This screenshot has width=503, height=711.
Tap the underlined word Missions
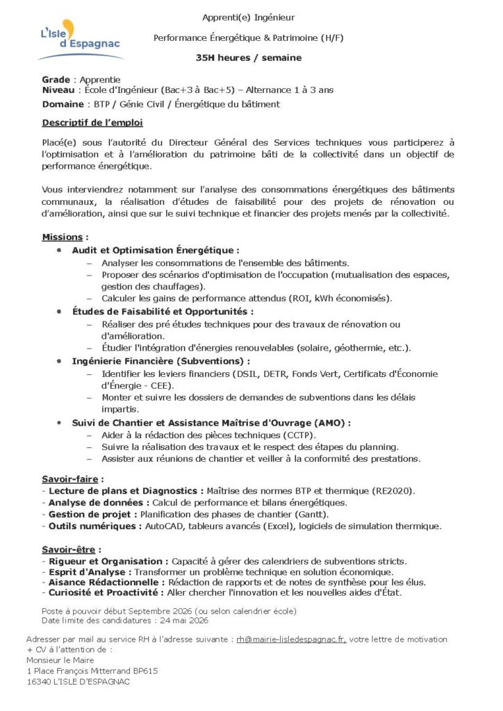pos(62,237)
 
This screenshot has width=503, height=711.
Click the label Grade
pos(56,81)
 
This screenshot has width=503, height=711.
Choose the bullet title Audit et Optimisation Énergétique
pos(155,250)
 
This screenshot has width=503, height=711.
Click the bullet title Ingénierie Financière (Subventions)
pos(160,361)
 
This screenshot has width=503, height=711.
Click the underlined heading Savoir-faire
pos(71,479)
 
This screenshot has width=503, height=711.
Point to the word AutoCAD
pos(165,526)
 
